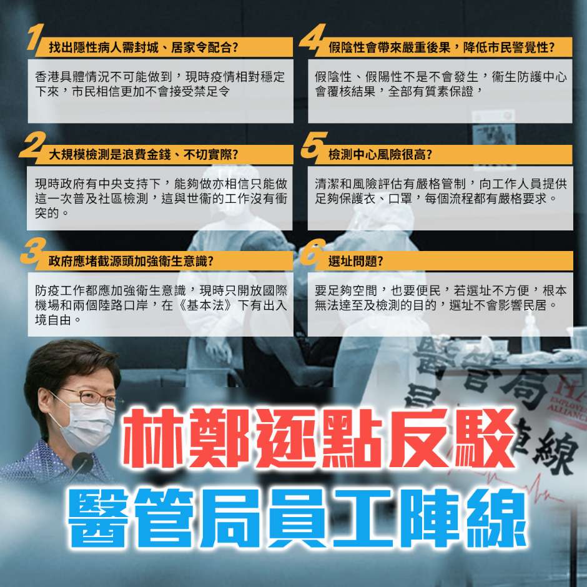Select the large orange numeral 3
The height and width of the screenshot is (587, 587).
point(33,251)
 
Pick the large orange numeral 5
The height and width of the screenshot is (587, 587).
point(314,144)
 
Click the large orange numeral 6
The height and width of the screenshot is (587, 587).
point(313,252)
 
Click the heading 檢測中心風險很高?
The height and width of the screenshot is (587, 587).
point(380,154)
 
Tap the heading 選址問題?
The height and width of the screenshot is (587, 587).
point(356,261)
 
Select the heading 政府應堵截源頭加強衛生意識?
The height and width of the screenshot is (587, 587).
point(131,261)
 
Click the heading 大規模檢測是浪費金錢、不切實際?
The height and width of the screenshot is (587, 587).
point(144,154)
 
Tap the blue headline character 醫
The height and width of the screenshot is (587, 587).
point(98,518)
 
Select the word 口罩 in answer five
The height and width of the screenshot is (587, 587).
point(400,199)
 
